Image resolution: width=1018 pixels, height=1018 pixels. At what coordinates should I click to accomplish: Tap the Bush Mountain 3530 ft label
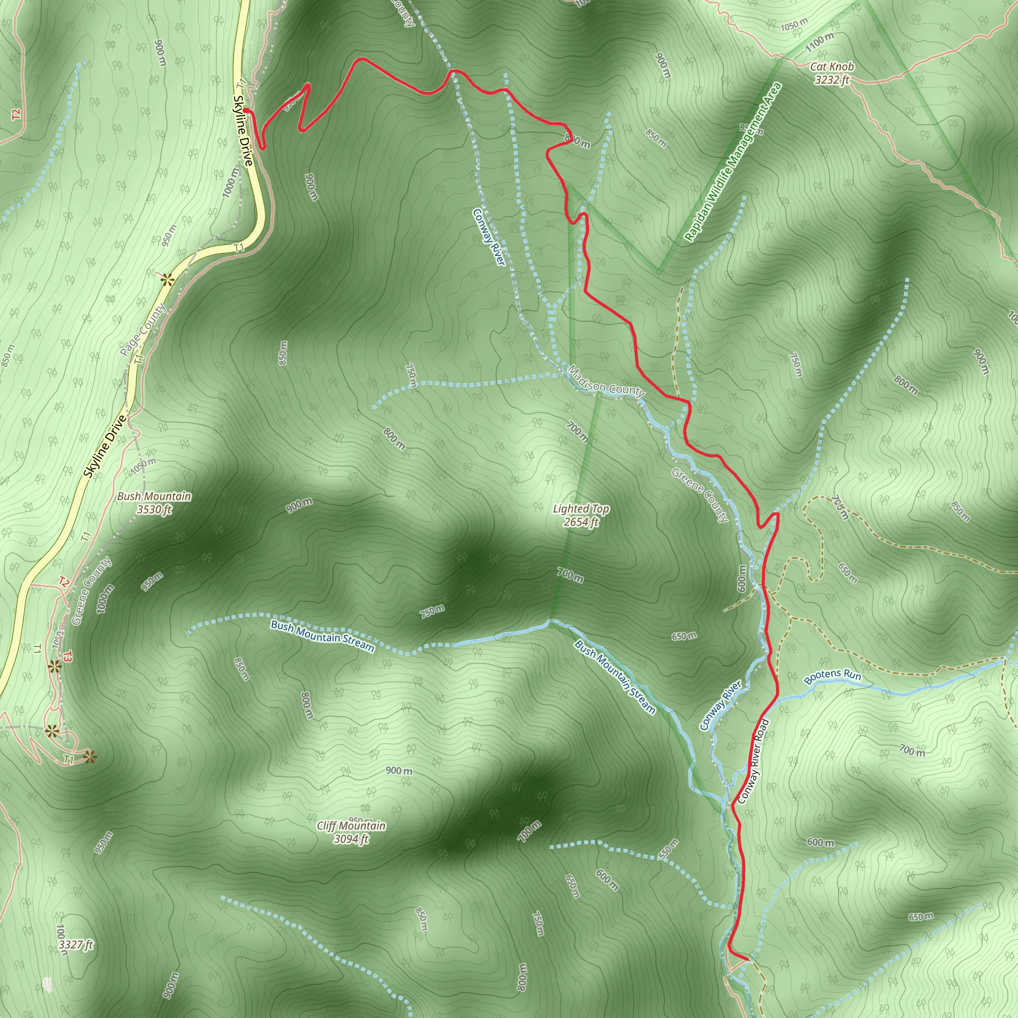point(154,503)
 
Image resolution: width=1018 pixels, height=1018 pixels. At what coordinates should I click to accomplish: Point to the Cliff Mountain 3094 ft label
point(351,832)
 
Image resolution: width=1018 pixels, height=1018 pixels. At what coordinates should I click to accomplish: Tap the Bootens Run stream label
point(833,676)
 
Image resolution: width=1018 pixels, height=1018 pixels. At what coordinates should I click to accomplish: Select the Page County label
point(142,331)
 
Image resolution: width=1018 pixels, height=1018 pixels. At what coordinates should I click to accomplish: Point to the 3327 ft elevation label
point(76,945)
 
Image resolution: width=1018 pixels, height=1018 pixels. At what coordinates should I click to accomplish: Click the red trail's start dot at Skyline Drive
point(246,110)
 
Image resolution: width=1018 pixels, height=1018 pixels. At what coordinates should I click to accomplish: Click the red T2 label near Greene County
point(64,582)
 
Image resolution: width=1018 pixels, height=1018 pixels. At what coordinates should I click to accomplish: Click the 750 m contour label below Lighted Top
point(432,612)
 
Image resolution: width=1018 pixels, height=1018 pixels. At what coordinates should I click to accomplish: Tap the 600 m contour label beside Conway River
point(743,579)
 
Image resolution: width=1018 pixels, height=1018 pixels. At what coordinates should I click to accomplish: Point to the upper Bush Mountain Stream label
point(322,635)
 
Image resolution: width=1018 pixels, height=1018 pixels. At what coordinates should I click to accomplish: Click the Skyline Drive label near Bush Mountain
point(105,446)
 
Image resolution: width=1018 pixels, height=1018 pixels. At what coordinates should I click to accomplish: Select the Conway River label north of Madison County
point(489,237)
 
